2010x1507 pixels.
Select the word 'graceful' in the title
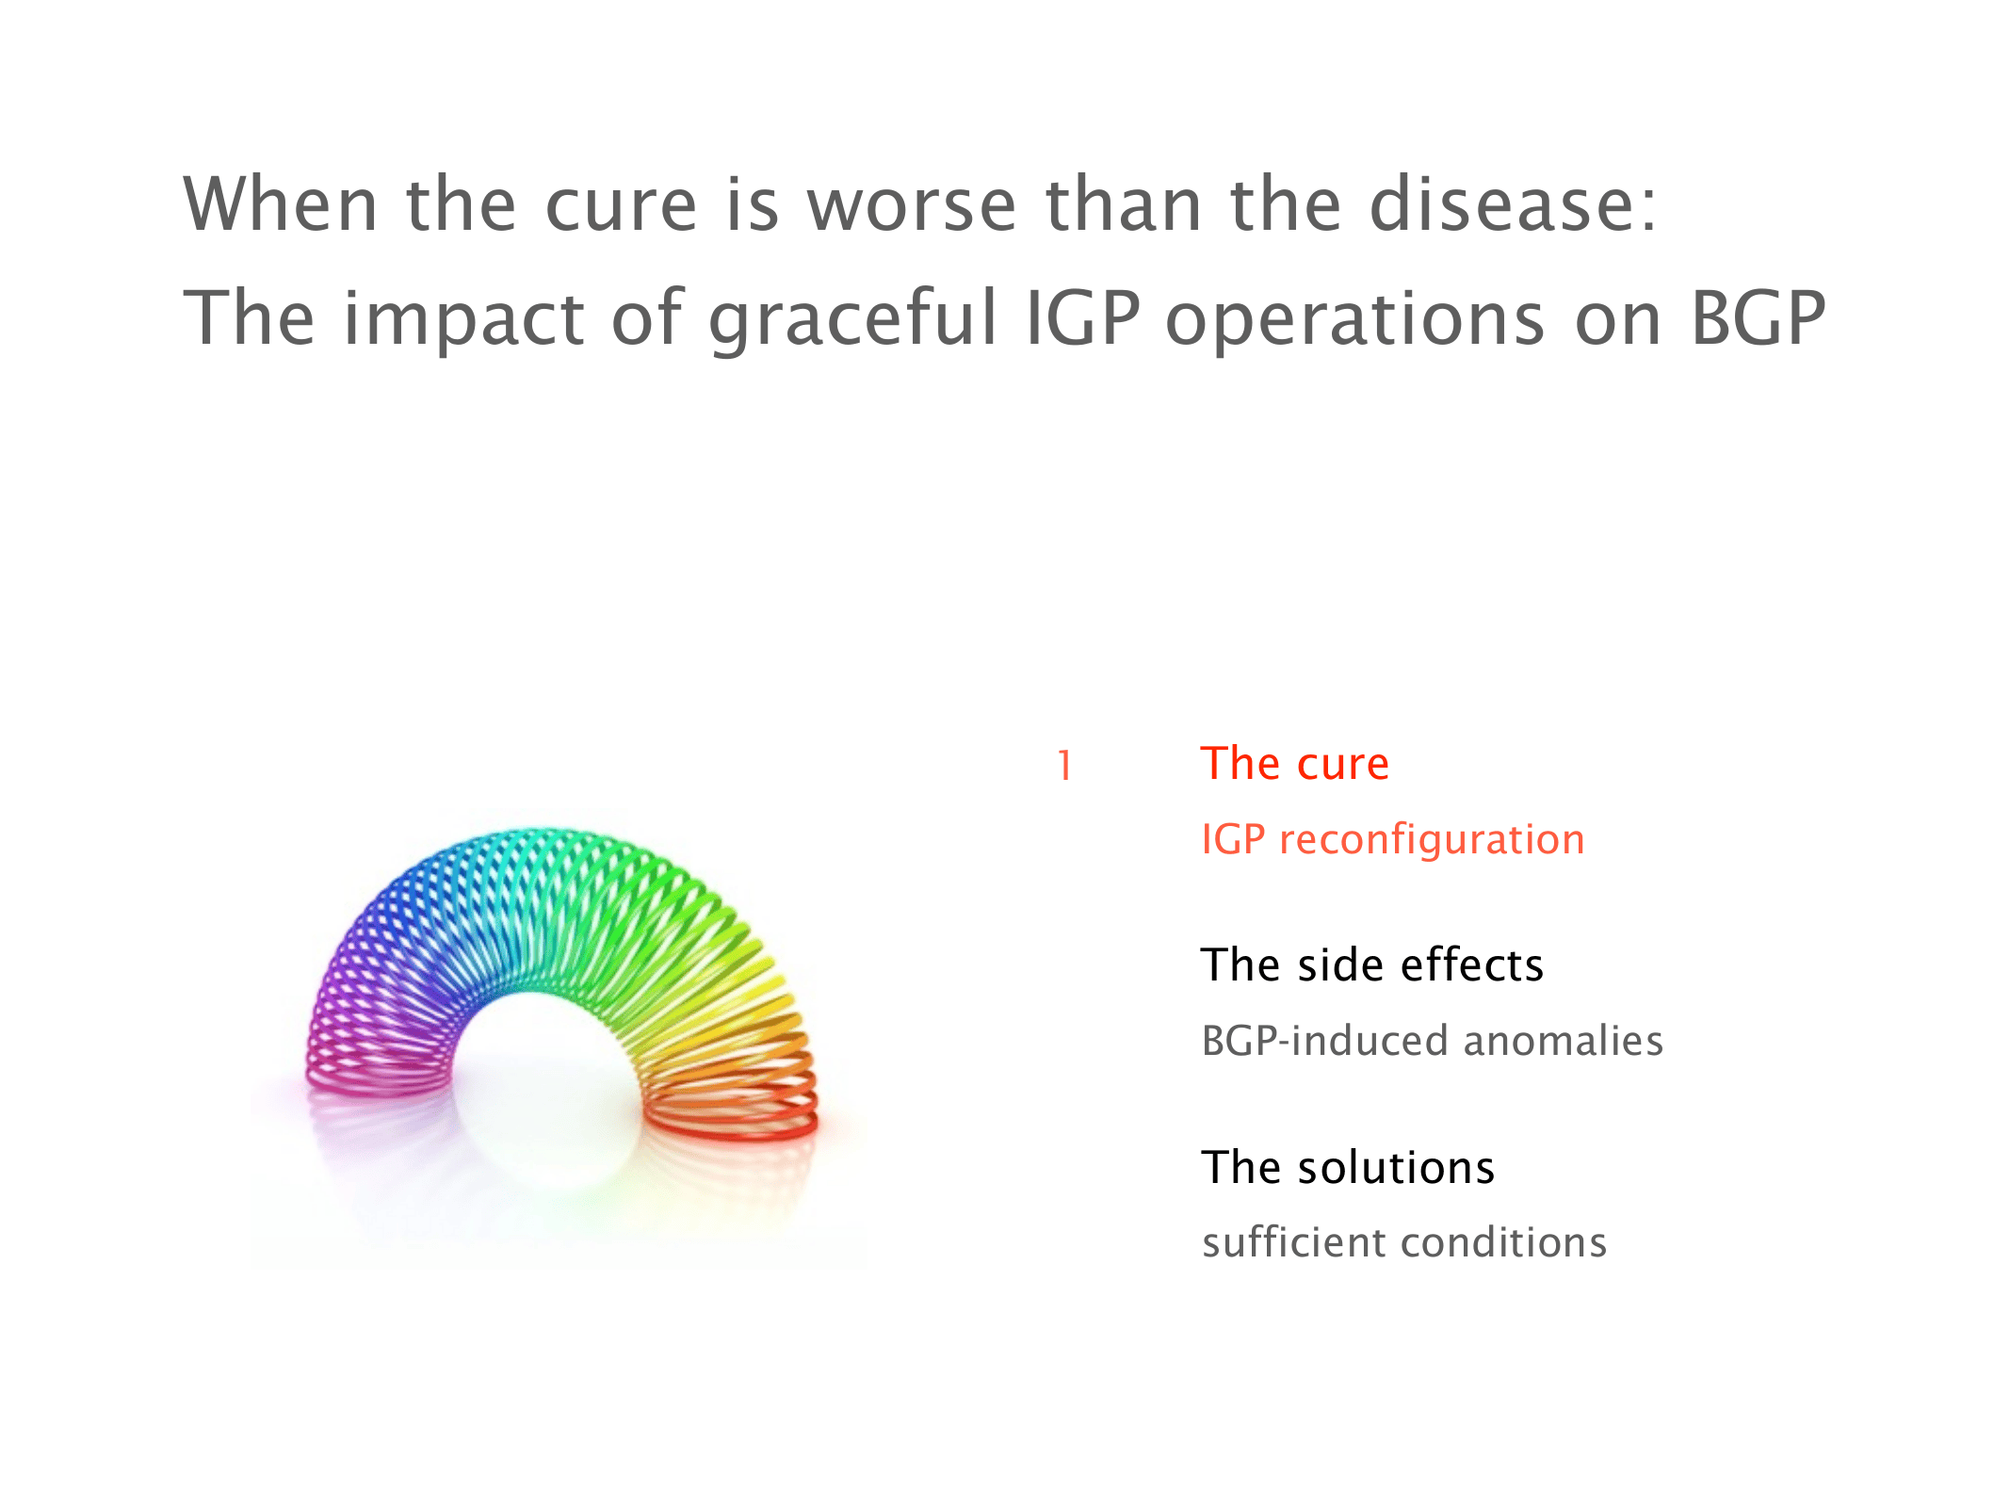[852, 320]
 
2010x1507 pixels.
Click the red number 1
[1064, 766]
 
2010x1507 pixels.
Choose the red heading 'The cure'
[1295, 763]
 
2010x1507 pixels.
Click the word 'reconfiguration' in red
[1432, 840]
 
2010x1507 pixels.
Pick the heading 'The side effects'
[1372, 964]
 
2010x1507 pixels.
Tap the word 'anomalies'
[1564, 1041]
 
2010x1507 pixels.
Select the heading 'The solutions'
[1348, 1167]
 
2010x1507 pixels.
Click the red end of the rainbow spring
[731, 1120]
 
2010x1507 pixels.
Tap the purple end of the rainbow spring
[377, 1074]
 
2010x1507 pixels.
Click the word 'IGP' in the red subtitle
[1234, 839]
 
